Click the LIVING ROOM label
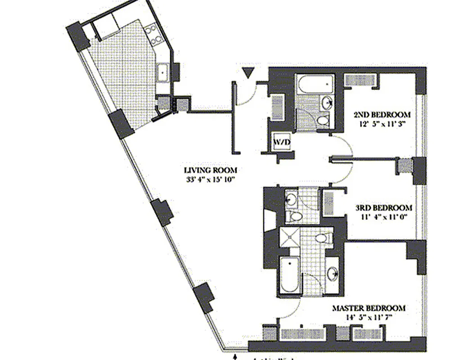coord(210,170)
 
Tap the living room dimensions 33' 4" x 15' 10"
coord(210,180)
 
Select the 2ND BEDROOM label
coord(382,114)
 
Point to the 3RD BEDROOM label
coord(383,208)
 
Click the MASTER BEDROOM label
coord(369,308)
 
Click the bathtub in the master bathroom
coord(288,275)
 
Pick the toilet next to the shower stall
coord(323,237)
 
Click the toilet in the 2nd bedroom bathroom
coord(322,120)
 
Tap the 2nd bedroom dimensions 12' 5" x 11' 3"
coord(382,124)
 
